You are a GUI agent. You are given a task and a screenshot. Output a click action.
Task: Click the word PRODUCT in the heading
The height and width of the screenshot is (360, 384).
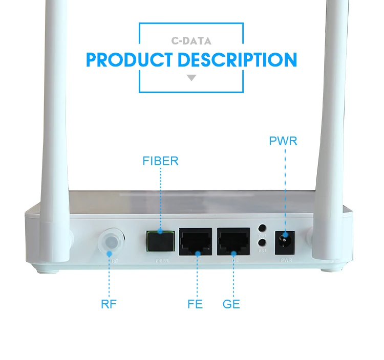click(x=130, y=60)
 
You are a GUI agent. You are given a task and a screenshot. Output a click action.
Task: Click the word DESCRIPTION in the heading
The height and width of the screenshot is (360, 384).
click(x=237, y=60)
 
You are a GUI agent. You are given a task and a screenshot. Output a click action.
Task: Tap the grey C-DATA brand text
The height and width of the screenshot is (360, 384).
click(x=191, y=41)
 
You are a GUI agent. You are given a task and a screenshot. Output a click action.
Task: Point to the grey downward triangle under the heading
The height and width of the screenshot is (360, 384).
click(x=191, y=78)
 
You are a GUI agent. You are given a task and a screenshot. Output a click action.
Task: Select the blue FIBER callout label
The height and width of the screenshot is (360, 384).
click(x=160, y=162)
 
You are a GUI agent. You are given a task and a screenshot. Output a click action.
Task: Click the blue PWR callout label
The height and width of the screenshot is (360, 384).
click(x=283, y=141)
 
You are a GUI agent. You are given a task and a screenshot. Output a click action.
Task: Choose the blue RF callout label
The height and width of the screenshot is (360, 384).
click(x=109, y=304)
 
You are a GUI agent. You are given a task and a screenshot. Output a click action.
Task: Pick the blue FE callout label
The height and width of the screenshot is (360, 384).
click(x=195, y=304)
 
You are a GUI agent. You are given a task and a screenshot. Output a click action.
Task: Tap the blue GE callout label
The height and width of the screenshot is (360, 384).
click(x=231, y=304)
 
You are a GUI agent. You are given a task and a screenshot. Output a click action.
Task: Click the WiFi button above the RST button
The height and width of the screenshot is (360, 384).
click(x=262, y=230)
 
